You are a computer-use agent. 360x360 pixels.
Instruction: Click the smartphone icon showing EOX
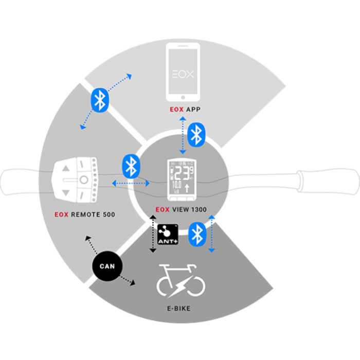[x=183, y=72]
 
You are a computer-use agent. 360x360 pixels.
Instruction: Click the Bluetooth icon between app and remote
[x=100, y=99]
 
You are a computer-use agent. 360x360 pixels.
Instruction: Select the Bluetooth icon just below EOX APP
[x=196, y=134]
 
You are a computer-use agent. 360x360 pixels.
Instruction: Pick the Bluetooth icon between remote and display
[x=131, y=166]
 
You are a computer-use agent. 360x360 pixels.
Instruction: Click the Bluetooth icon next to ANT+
[x=196, y=235]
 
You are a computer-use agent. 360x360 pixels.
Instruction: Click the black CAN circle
[x=106, y=266]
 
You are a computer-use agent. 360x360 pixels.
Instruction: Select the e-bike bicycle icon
[x=181, y=282]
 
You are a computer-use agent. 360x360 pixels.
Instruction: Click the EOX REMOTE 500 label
[x=85, y=214]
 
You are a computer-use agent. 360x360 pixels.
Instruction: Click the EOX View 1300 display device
[x=182, y=179]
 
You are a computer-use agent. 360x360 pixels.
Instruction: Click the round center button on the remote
[x=84, y=179]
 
